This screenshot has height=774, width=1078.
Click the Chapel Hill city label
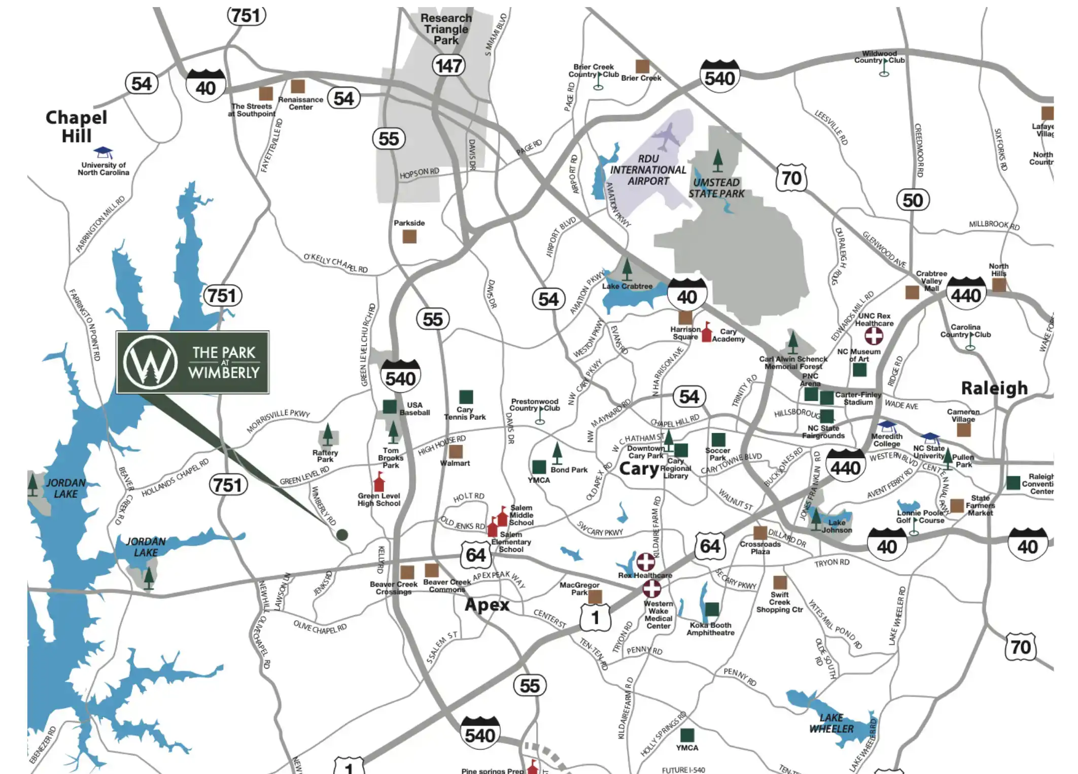coord(76,126)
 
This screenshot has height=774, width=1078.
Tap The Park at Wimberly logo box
coord(192,362)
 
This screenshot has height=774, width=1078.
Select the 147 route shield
coord(448,65)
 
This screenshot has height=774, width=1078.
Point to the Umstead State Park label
coord(716,188)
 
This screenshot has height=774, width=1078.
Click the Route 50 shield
coord(912,200)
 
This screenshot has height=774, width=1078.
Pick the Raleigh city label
coord(994,388)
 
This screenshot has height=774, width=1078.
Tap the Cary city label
coord(638,469)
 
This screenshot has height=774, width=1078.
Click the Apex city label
coord(486,605)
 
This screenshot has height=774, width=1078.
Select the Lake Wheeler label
coord(831,723)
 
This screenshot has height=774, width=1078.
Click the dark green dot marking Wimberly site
coord(342,535)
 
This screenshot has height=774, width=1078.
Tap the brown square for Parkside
coord(409,236)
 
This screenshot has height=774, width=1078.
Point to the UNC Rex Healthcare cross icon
coord(874,336)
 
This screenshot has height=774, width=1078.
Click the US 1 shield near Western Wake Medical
coord(595,617)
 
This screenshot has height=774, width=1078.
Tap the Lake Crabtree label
coord(627,286)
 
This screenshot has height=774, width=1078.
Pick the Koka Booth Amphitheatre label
coord(710,629)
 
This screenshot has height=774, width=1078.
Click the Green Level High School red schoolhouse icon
coord(379,481)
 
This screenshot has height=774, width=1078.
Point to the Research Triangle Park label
coord(446,29)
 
